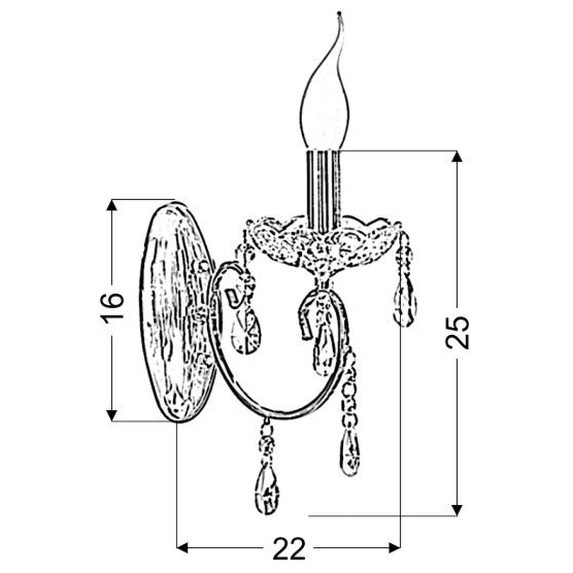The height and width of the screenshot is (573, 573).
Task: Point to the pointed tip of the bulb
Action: pyautogui.click(x=339, y=13)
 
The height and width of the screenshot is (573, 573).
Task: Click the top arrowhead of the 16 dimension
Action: pyautogui.click(x=112, y=205)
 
